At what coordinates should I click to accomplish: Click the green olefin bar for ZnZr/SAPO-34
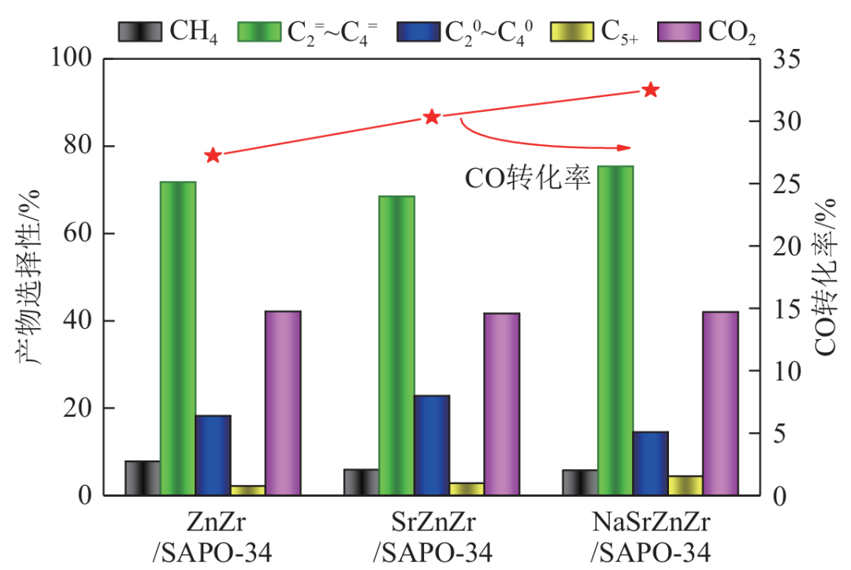tap(178, 338)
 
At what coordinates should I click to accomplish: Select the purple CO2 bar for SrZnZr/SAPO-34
tap(501, 404)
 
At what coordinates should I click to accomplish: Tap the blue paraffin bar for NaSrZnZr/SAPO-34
tap(650, 463)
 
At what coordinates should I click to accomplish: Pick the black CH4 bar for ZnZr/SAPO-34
tap(143, 478)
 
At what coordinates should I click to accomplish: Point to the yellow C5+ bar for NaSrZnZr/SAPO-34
tap(685, 486)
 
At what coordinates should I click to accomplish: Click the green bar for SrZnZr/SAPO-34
tap(396, 345)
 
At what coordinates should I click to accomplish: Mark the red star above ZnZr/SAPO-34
tap(213, 155)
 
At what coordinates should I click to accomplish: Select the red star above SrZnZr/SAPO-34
tap(432, 117)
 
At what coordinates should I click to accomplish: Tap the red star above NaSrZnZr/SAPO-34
tap(651, 90)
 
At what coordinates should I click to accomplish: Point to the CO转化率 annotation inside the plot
tap(527, 178)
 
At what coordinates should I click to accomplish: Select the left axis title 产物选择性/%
tap(28, 276)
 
